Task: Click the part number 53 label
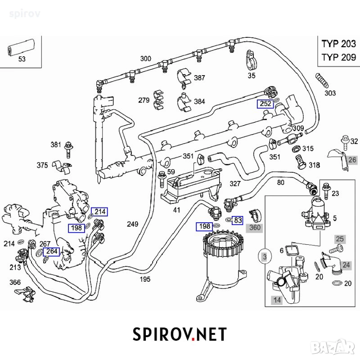tap(22, 59)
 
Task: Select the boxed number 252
tap(265, 104)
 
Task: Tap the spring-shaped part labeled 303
tap(322, 80)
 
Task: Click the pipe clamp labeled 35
tap(251, 60)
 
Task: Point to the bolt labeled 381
tap(68, 150)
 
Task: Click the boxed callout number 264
tap(51, 252)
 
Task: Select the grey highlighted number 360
tap(255, 228)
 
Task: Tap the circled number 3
tap(265, 256)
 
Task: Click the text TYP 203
tap(339, 44)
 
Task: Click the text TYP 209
tap(339, 57)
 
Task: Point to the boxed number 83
tap(238, 220)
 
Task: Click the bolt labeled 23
tap(326, 191)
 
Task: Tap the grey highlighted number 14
tap(277, 300)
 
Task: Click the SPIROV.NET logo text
tap(180, 334)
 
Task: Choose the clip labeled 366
tap(26, 294)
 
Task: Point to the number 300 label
tap(145, 58)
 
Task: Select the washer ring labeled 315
tap(296, 148)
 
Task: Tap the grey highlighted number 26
tap(352, 160)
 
